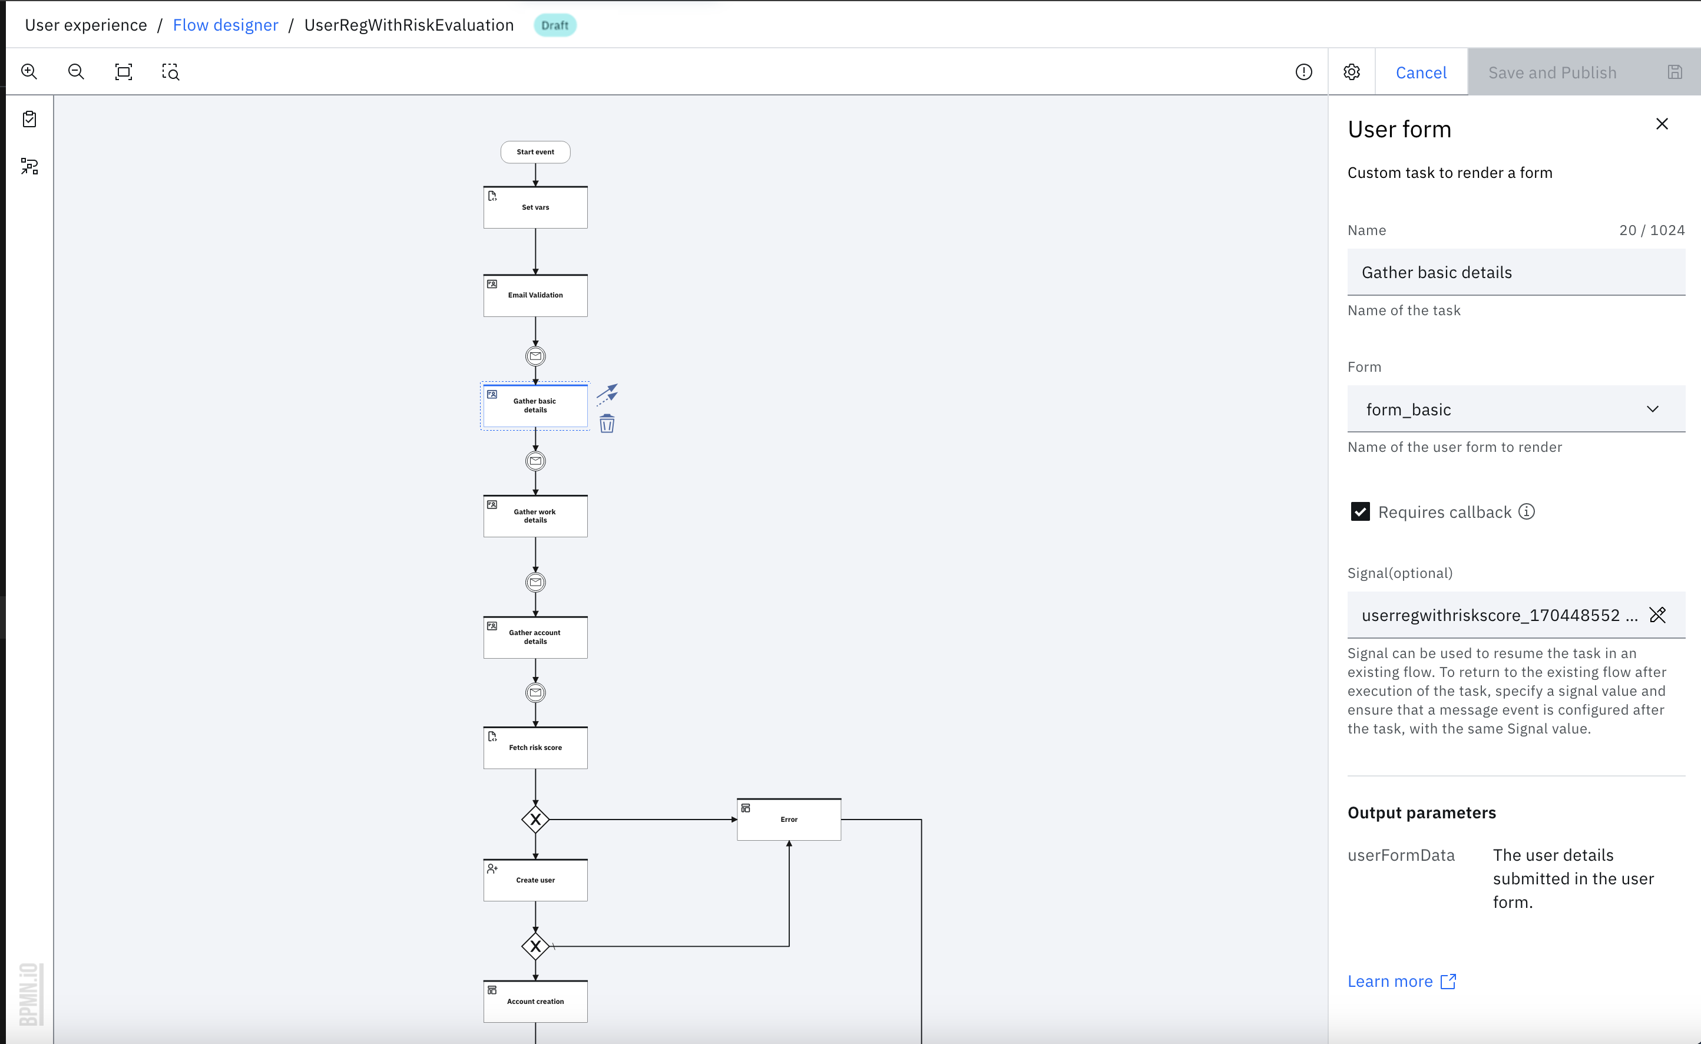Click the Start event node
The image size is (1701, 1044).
click(x=535, y=152)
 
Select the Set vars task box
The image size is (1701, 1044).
click(x=535, y=207)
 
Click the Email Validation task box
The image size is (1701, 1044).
click(x=535, y=296)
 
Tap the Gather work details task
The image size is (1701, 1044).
click(x=535, y=516)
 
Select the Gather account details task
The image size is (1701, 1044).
click(x=535, y=637)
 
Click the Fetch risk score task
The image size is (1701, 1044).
click(x=535, y=748)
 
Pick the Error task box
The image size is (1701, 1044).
click(x=789, y=820)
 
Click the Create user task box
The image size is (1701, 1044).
click(x=535, y=880)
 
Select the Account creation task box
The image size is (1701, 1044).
click(x=535, y=1001)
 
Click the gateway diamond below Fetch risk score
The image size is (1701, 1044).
click(x=535, y=820)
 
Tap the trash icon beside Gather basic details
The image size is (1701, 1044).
click(x=607, y=424)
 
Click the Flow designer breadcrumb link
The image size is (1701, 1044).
click(x=225, y=25)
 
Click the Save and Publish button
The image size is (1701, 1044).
click(x=1551, y=72)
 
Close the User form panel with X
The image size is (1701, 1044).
click(x=1662, y=124)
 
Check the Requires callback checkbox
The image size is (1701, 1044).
click(x=1360, y=511)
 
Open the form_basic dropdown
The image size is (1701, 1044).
click(x=1515, y=409)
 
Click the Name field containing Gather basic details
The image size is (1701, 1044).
click(x=1515, y=273)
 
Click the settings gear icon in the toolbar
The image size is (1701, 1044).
click(x=1351, y=72)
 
